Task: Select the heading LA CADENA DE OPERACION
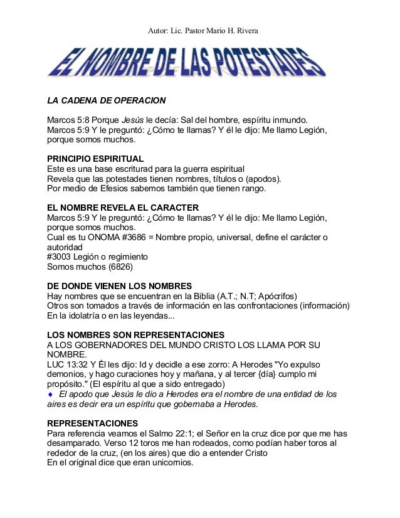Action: pyautogui.click(x=107, y=100)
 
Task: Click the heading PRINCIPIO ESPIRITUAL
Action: pyautogui.click(x=95, y=159)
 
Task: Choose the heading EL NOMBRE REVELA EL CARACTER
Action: pyautogui.click(x=123, y=208)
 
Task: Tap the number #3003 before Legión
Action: pyautogui.click(x=61, y=256)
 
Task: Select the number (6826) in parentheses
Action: pyautogui.click(x=124, y=267)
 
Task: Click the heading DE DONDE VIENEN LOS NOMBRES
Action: pyautogui.click(x=119, y=286)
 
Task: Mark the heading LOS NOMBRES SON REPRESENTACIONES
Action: pyautogui.click(x=136, y=335)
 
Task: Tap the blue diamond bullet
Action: pyautogui.click(x=51, y=394)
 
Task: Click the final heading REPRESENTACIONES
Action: pyautogui.click(x=93, y=423)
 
